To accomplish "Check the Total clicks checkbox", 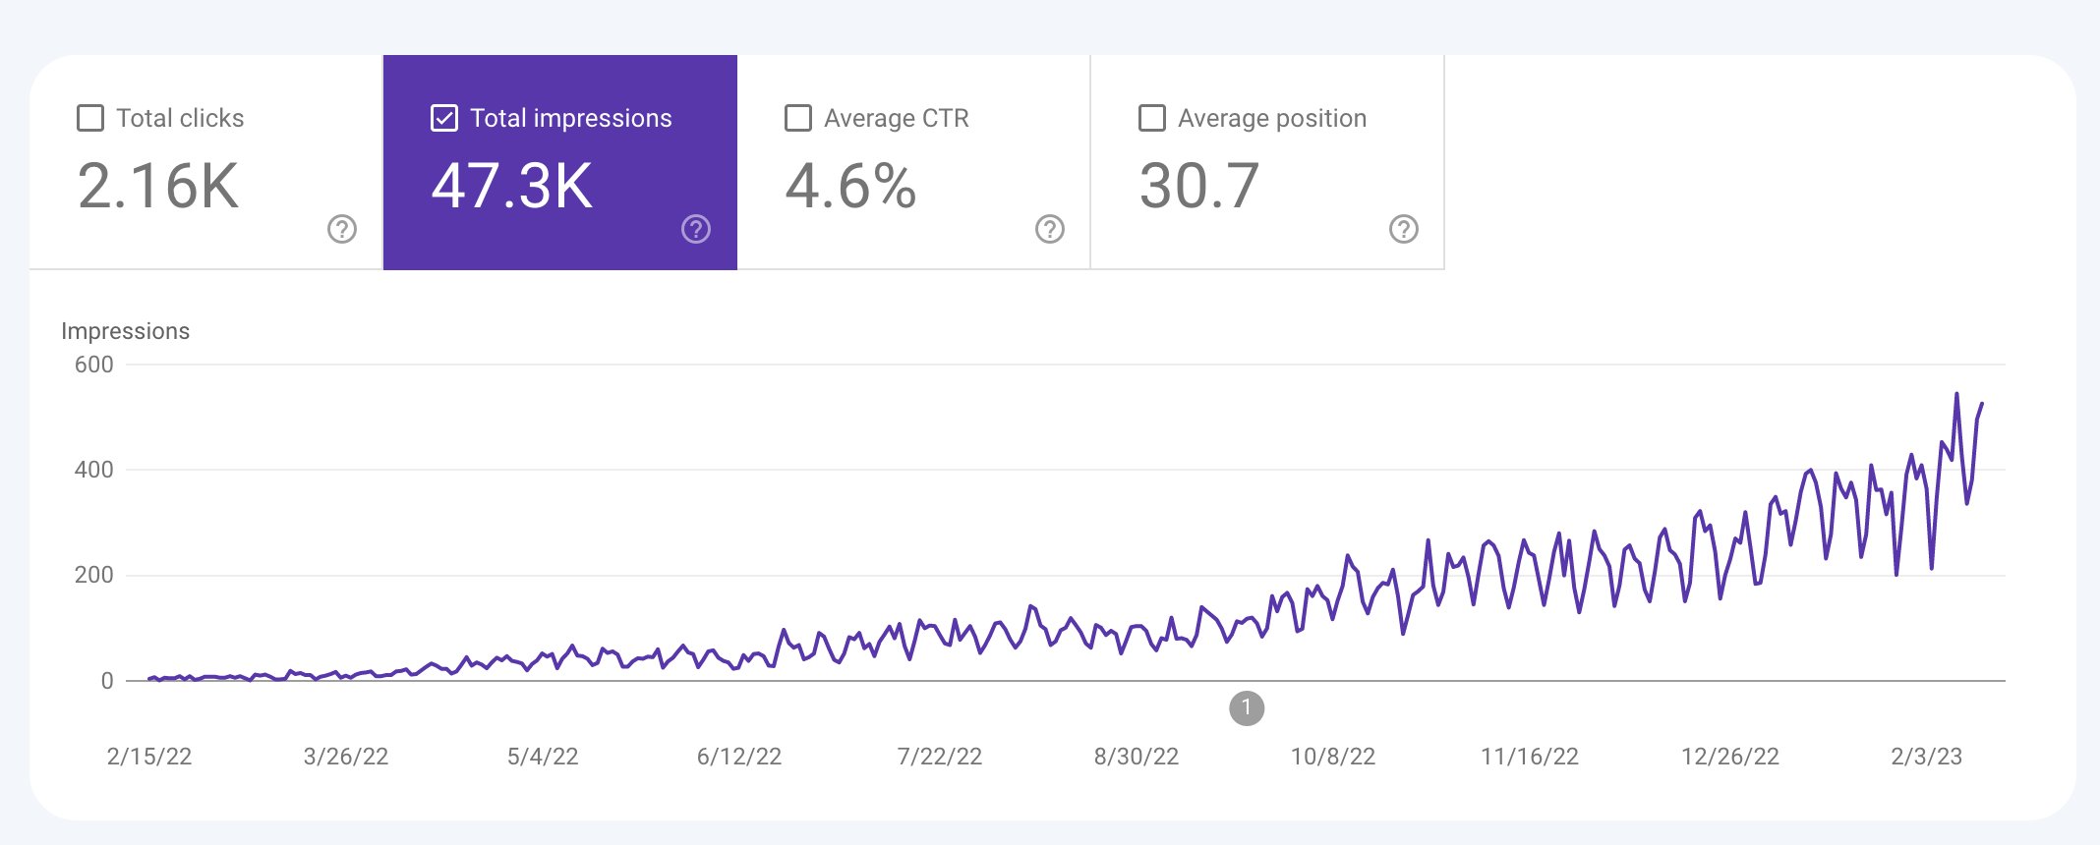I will pos(90,118).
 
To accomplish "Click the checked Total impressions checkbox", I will pos(444,118).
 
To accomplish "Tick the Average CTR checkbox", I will pos(798,118).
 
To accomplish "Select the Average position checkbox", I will pos(1152,118).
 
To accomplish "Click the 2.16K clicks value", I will pos(158,186).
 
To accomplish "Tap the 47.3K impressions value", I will pos(512,186).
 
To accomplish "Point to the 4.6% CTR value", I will pos(851,186).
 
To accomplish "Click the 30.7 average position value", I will pos(1199,186).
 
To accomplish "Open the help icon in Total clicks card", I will pos(342,229).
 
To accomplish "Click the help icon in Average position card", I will pos(1404,229).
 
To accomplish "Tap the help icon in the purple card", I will pos(696,229).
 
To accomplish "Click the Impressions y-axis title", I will pos(125,331).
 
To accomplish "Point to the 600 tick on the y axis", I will pos(94,365).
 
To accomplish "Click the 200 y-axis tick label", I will pos(94,575).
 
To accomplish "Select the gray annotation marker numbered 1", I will pos(1247,707).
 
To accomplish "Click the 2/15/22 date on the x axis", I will pos(149,757).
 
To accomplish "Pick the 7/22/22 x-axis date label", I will pos(939,757).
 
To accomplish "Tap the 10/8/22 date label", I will pos(1332,757).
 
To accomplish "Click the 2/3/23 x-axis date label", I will pos(1926,757).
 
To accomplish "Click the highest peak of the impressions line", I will pos(1956,395).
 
